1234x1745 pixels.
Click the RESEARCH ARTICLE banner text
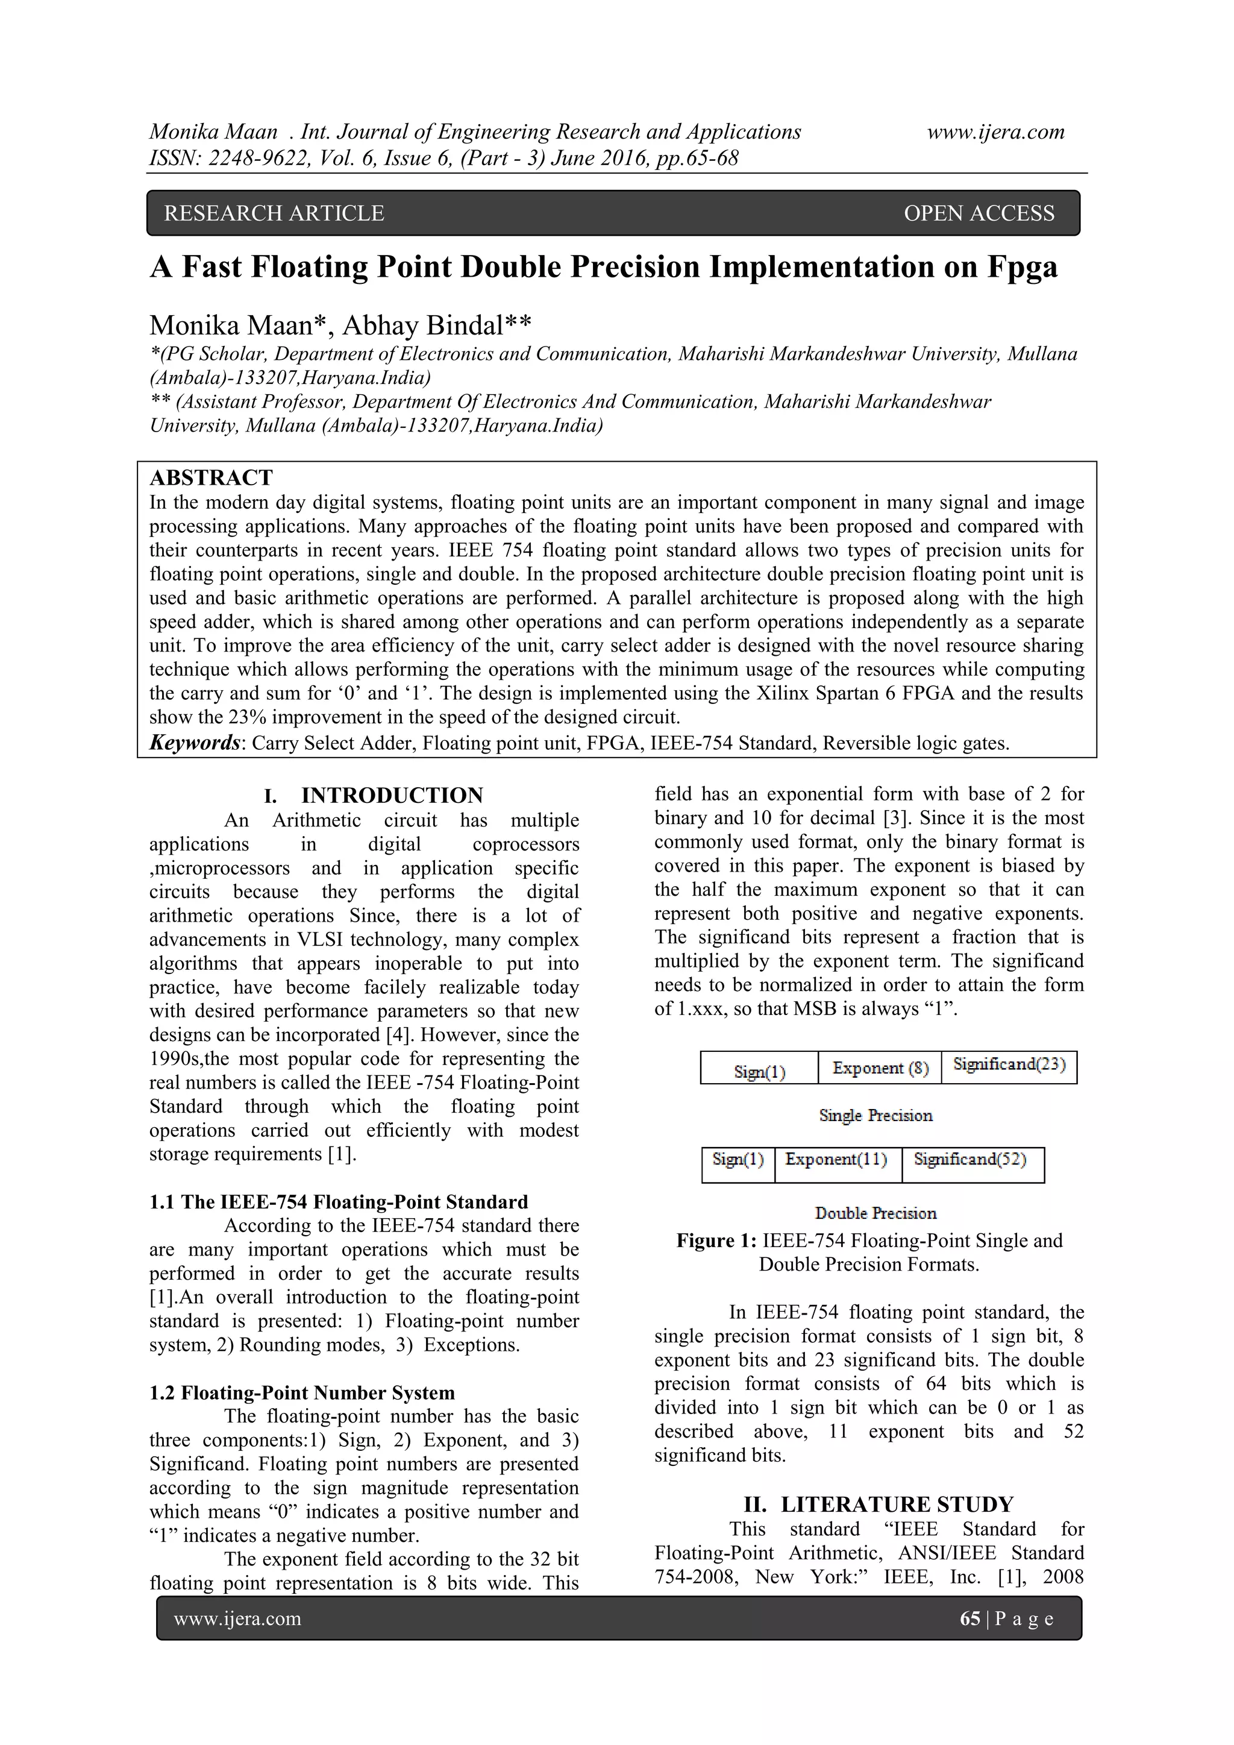click(x=274, y=213)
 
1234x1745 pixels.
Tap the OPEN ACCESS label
click(x=979, y=213)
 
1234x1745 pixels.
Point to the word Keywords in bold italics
click(x=194, y=743)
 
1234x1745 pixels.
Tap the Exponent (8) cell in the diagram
click(x=880, y=1068)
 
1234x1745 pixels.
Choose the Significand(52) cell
click(x=969, y=1159)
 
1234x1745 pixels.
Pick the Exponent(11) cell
click(x=836, y=1159)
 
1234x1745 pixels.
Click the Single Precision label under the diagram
click(x=875, y=1116)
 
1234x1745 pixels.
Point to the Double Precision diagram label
click(x=875, y=1213)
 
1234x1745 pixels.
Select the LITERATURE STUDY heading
click(x=897, y=1505)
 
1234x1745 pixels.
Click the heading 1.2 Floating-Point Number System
click(x=302, y=1392)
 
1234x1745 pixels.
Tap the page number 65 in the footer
click(x=969, y=1619)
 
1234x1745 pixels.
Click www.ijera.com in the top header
click(x=995, y=132)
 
